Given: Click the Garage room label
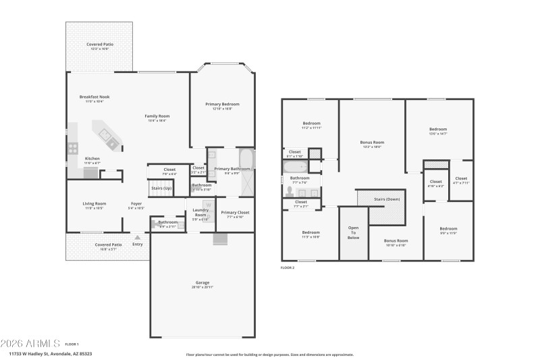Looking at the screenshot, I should tap(203, 282).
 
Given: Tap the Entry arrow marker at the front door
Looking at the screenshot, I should tap(138, 237).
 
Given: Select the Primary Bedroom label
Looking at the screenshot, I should tap(222, 104).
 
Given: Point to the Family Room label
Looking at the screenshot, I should tap(157, 116).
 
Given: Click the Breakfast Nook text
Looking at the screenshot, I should tap(94, 97).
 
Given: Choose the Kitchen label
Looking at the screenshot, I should tap(92, 159).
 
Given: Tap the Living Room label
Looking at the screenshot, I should tap(94, 203).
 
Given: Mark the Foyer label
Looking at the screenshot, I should tap(136, 203).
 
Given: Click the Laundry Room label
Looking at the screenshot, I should tap(200, 212).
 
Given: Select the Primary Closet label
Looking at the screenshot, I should tap(235, 213).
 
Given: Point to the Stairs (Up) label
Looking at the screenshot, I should tap(161, 187).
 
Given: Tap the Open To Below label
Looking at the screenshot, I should tap(353, 232).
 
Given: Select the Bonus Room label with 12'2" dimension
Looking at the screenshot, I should tap(372, 143).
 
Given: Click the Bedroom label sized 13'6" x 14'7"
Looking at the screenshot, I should tap(438, 129).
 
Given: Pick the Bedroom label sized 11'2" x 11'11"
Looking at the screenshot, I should tap(311, 124).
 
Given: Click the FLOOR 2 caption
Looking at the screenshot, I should tap(288, 268).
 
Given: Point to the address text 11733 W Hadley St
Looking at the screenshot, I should tap(51, 353).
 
